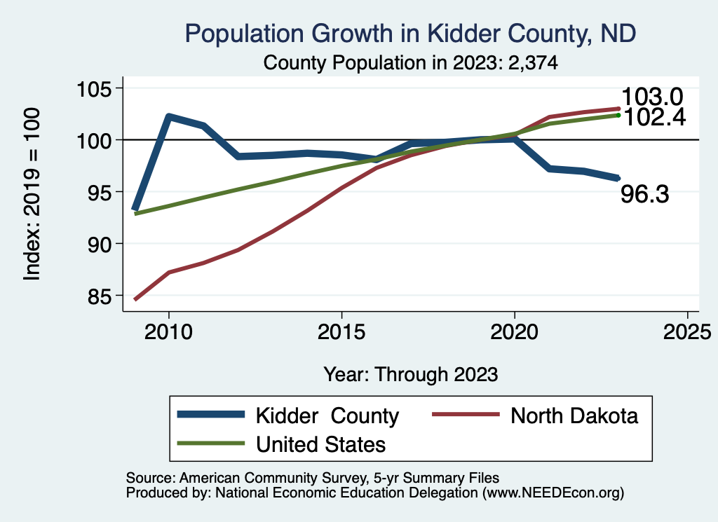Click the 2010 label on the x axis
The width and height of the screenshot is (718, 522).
pos(168,332)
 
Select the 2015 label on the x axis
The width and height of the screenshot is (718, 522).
pos(341,332)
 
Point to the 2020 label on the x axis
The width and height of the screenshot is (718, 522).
pos(515,332)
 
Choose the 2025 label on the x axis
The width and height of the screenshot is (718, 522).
pos(688,332)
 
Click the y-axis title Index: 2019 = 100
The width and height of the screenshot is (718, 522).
pos(32,194)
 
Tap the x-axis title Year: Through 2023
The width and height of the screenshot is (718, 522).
pos(410,374)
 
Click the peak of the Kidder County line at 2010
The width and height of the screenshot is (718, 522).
pos(168,116)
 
